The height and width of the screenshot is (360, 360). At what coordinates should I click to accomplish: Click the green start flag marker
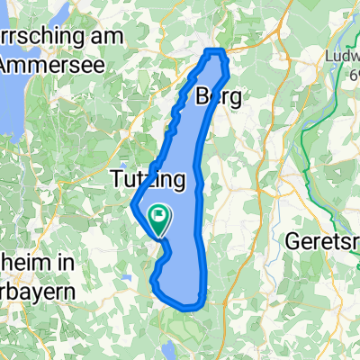coord(158,216)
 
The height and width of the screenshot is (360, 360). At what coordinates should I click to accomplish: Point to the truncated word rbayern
coord(36,291)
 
